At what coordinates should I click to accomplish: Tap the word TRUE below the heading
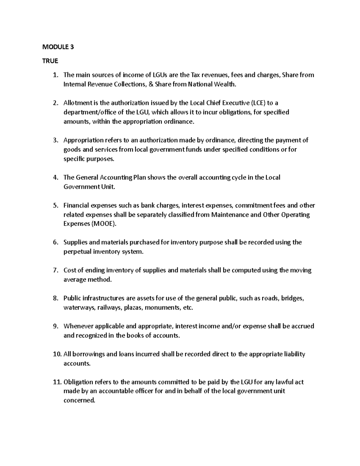[50, 61]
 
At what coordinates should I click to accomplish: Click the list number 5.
[55, 206]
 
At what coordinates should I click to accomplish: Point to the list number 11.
[56, 382]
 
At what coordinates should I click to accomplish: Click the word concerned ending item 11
[79, 400]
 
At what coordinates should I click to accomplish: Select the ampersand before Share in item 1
[151, 84]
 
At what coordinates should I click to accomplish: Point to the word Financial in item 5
[76, 206]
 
